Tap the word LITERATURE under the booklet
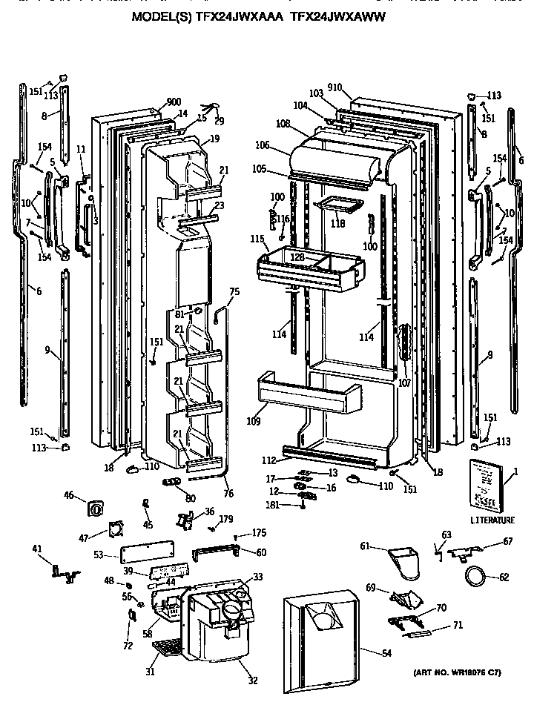(492, 520)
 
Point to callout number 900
(174, 102)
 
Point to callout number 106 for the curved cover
(264, 146)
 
